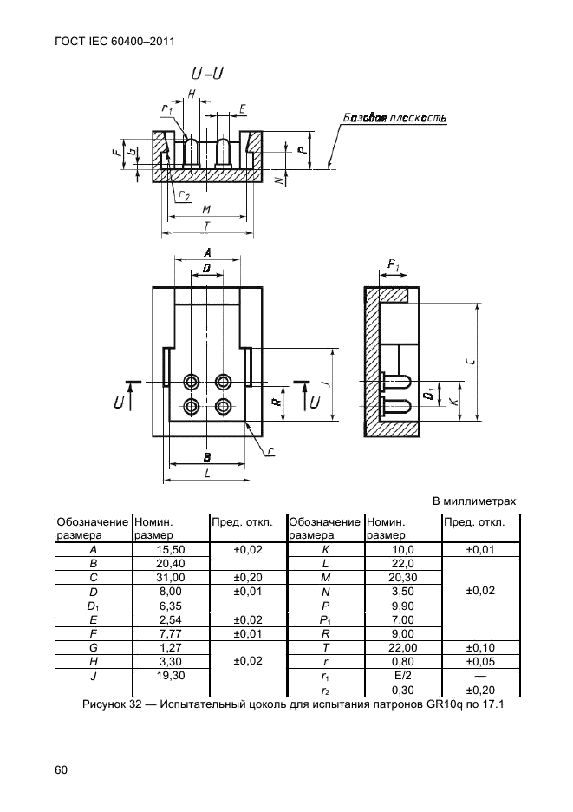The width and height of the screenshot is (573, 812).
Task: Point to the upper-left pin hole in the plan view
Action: coord(192,381)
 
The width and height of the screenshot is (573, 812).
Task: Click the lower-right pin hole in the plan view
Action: coord(224,406)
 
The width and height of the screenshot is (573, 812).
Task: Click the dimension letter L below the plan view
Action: coord(207,473)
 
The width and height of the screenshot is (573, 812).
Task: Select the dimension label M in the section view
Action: coord(205,209)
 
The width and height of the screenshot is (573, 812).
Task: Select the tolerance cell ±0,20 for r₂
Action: coord(479,689)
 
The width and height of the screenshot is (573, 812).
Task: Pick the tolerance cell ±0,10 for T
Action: coord(479,646)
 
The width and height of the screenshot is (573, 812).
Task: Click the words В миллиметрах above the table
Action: coord(473,501)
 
